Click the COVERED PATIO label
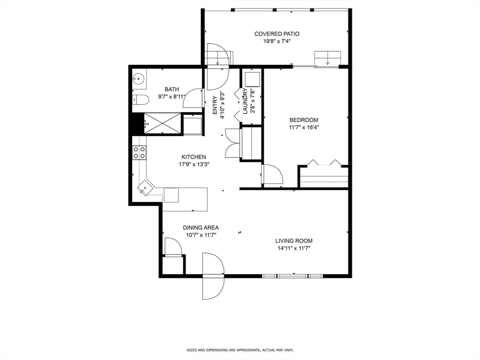click(x=277, y=34)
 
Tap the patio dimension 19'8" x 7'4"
click(x=277, y=41)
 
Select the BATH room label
click(x=172, y=89)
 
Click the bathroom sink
click(x=138, y=79)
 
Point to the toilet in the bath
click(x=140, y=99)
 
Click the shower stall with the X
click(x=162, y=123)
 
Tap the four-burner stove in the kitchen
click(x=139, y=152)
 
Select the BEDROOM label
click(x=304, y=120)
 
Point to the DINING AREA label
click(x=201, y=228)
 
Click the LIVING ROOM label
click(x=293, y=241)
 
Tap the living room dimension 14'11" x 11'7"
click(x=293, y=248)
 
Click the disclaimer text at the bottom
click(x=240, y=350)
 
